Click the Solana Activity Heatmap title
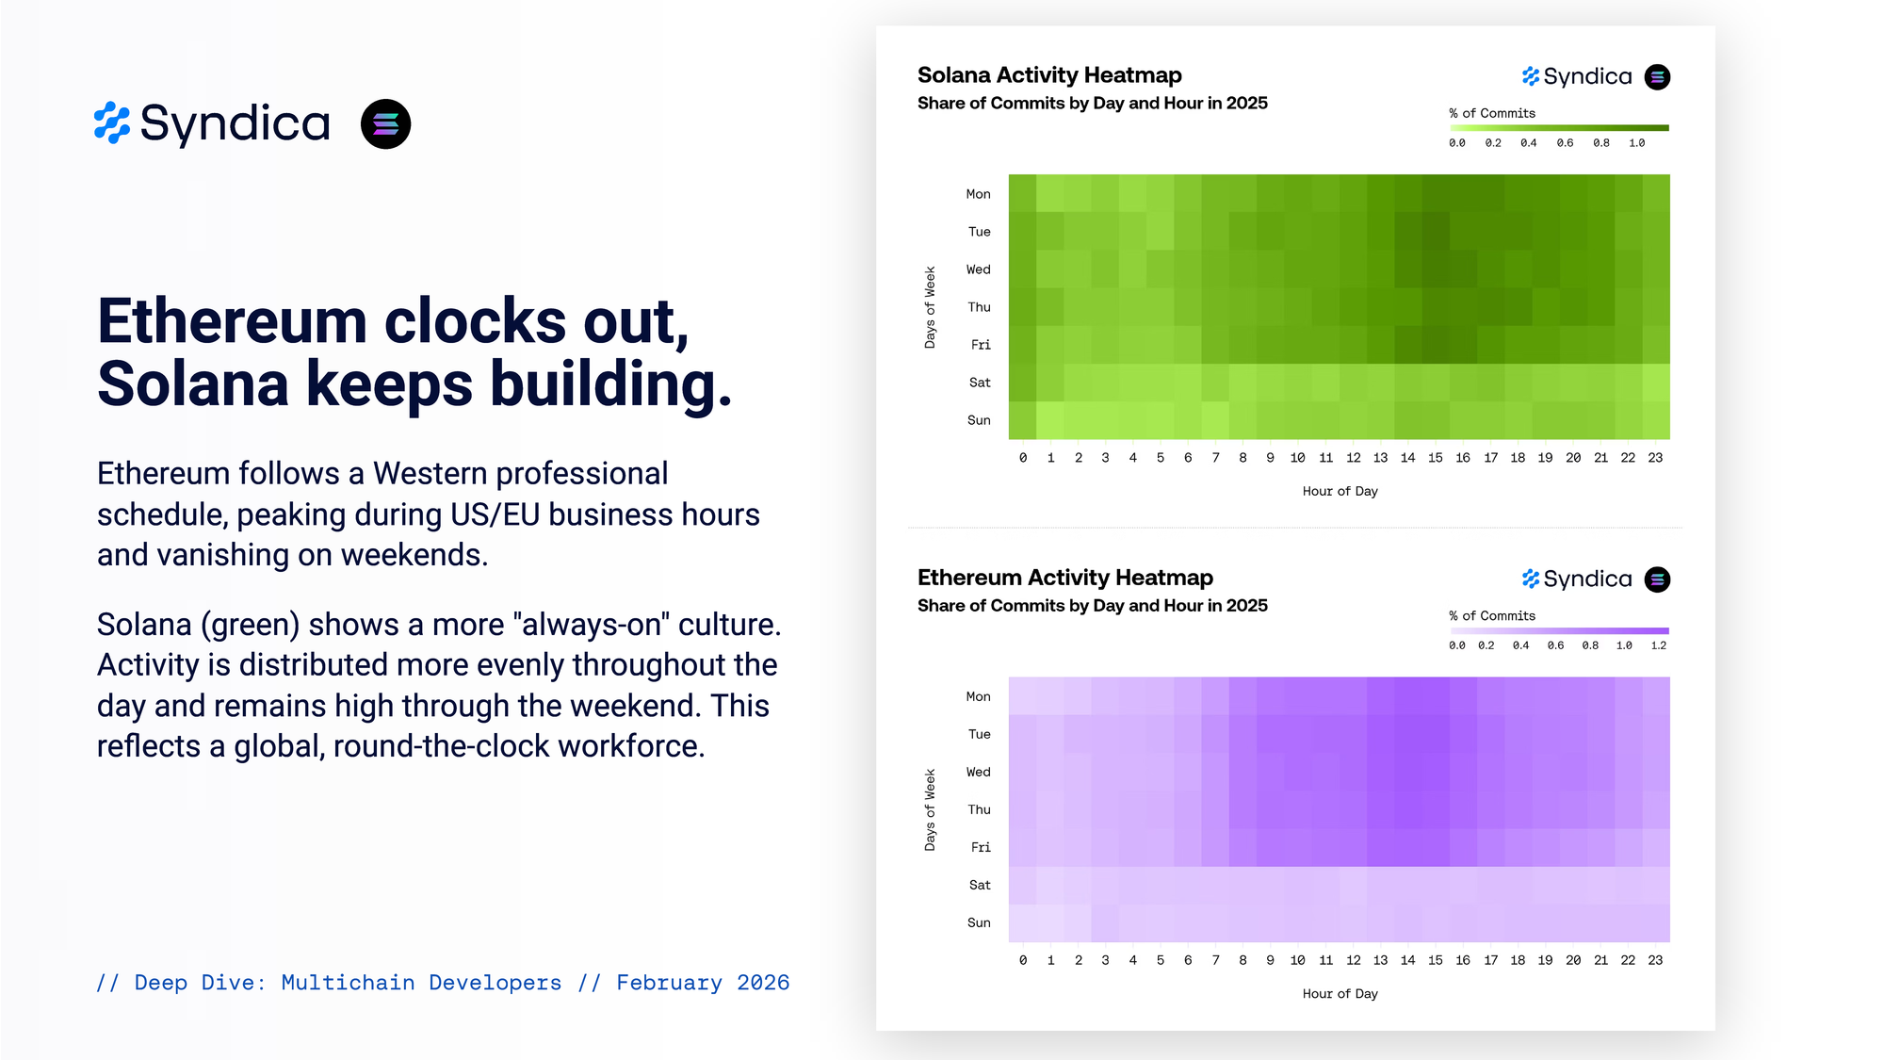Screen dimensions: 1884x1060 point(1049,75)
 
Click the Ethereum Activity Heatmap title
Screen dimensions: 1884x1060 point(1065,578)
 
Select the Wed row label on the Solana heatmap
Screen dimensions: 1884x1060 point(979,269)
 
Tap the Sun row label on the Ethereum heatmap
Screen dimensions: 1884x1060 point(979,922)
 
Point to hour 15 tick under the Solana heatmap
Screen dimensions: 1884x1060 point(1435,458)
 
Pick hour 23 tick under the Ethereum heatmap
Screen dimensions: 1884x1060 point(1655,960)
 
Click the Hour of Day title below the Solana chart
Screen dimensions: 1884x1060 point(1340,491)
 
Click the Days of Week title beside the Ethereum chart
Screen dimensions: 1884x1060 point(930,809)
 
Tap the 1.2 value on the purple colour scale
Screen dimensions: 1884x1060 point(1659,645)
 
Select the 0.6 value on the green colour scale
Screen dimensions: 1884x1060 point(1565,143)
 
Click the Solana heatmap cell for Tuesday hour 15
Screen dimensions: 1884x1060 point(1436,232)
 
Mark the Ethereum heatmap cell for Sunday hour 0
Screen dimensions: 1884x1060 point(1023,923)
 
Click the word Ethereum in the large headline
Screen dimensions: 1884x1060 point(232,321)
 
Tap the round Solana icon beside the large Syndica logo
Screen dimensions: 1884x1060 point(385,124)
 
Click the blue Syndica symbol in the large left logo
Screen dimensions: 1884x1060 point(112,123)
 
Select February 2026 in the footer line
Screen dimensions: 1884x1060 point(703,983)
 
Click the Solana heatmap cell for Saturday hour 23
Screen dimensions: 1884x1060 point(1656,383)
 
